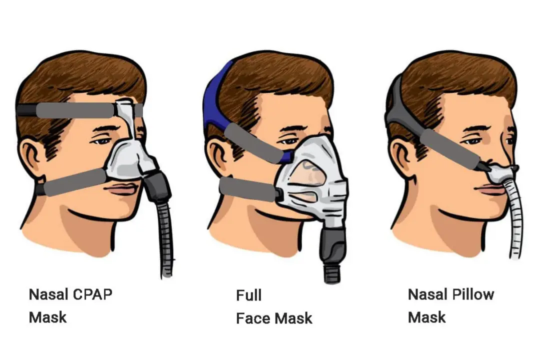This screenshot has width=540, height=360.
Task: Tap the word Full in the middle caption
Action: (x=248, y=295)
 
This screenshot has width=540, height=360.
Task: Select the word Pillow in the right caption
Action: (x=473, y=294)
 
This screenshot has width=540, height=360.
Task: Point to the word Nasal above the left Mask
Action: (x=48, y=294)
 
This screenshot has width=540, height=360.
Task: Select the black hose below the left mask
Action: (x=166, y=240)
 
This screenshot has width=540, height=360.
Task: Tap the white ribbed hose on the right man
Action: (x=514, y=220)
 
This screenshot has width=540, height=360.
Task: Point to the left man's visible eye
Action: (x=102, y=141)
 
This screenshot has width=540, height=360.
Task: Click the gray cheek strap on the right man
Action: (x=447, y=148)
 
